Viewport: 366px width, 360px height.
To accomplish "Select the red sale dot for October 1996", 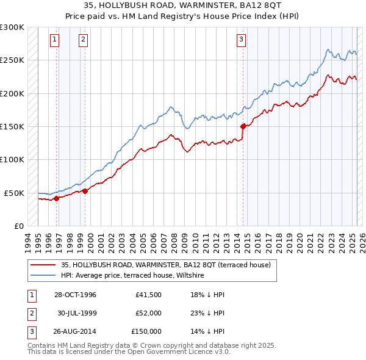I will (56, 198).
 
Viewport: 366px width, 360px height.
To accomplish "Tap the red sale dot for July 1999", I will (85, 191).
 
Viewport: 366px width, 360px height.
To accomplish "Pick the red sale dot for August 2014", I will (243, 126).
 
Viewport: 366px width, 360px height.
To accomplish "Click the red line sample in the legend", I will (43, 265).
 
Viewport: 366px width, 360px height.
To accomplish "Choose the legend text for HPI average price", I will (132, 276).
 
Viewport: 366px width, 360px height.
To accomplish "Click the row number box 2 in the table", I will (30, 313).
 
